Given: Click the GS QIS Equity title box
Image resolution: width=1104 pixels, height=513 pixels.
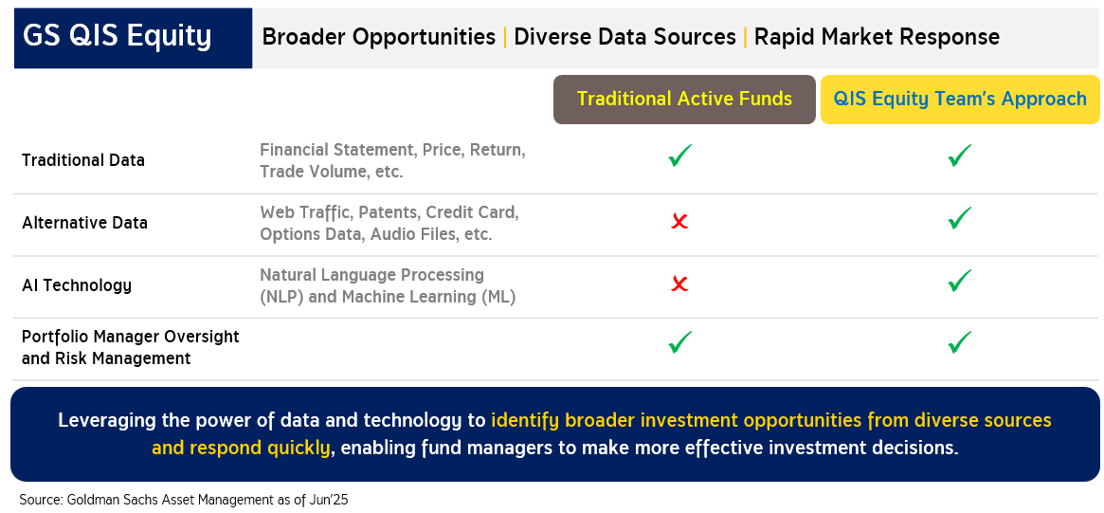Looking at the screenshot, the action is (133, 38).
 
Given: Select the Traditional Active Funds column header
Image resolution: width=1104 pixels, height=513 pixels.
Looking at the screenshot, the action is (684, 100).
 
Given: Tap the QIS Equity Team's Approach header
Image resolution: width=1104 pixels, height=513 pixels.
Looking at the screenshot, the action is (960, 100).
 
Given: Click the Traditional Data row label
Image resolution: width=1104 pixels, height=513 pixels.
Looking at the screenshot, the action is (83, 160).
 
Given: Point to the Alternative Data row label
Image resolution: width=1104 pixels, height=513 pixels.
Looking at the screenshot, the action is (84, 223).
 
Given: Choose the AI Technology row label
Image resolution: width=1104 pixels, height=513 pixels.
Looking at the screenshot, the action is (77, 285).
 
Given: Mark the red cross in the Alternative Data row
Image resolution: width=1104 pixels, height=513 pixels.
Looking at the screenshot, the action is (679, 222).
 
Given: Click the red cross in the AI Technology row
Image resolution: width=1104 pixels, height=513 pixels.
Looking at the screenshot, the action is (679, 284).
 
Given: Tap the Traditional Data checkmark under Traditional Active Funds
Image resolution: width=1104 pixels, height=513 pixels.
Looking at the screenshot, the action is (680, 156).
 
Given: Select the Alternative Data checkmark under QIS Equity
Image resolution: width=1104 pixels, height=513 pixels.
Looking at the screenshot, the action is (960, 218).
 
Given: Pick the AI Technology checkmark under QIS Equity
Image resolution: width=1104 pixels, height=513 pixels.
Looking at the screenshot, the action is (960, 281).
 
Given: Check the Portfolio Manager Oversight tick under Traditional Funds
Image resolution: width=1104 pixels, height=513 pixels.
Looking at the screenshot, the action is (680, 342).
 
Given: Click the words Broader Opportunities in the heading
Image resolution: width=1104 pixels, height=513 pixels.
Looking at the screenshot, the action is (379, 37).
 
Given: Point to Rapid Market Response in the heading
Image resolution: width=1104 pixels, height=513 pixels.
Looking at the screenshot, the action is (877, 37).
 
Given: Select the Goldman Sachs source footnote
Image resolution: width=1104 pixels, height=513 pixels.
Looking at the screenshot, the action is (184, 500).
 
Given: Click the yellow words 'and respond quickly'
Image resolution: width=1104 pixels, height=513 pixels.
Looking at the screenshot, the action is (241, 448).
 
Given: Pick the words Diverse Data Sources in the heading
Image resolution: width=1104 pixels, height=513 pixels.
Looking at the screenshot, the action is (625, 37).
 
